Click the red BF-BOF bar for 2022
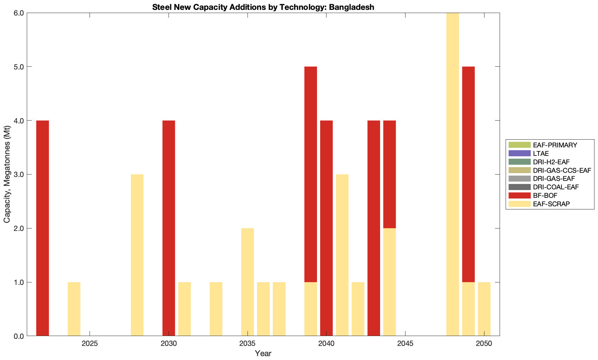[x=43, y=228]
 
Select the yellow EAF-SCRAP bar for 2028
[x=137, y=255]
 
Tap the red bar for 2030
[x=169, y=228]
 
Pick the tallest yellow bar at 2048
[x=452, y=175]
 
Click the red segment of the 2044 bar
[x=389, y=174]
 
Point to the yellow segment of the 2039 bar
[x=311, y=309]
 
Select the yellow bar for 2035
[x=248, y=282]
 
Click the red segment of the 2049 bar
[x=468, y=174]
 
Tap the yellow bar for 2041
[x=342, y=255]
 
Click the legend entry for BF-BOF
[x=545, y=196]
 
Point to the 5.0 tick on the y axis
[x=18, y=67]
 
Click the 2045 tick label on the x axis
[x=405, y=344]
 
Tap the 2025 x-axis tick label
[x=90, y=344]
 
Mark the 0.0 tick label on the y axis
[x=18, y=336]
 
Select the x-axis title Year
[x=263, y=353]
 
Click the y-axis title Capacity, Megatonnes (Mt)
[x=7, y=175]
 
